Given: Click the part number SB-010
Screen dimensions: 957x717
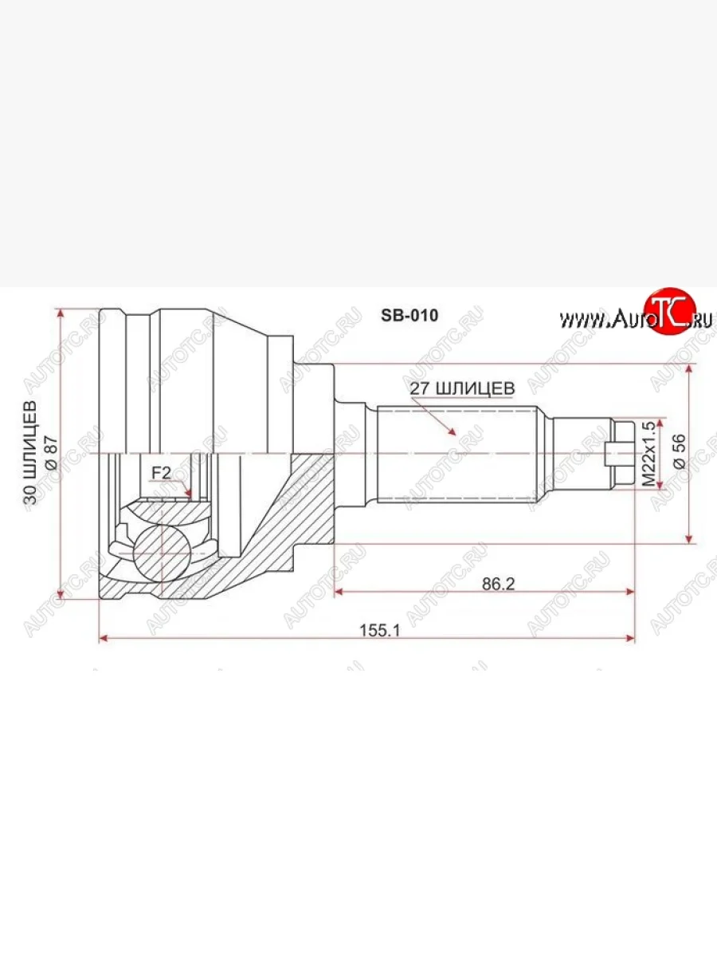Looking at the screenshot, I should pos(409,315).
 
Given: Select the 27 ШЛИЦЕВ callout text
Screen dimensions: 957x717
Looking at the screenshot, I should pos(461,388).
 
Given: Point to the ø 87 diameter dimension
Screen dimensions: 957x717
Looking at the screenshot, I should pos(49,452).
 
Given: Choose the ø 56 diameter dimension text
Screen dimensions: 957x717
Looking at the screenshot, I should pos(679,454).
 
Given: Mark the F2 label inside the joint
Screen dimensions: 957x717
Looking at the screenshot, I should pos(162,473).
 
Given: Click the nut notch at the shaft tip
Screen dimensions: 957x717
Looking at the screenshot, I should pos(612,454).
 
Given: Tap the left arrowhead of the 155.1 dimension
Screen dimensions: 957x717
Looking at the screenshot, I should pos(103,638).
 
